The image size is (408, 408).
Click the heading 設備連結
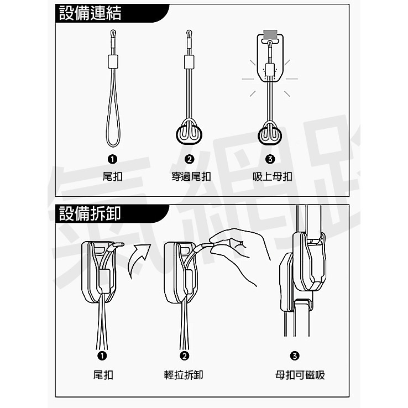pyautogui.click(x=90, y=13)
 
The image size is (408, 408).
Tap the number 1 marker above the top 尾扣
pyautogui.click(x=113, y=160)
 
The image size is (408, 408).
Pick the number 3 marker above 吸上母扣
pyautogui.click(x=270, y=160)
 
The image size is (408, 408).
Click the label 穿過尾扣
pyautogui.click(x=190, y=177)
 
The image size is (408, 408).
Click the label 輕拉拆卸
pyautogui.click(x=184, y=375)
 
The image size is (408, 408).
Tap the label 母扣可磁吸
pyautogui.click(x=300, y=375)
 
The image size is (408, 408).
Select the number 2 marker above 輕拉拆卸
pyautogui.click(x=184, y=355)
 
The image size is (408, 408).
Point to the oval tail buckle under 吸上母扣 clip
pyautogui.click(x=270, y=134)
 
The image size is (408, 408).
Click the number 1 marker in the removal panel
pyautogui.click(x=102, y=355)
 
